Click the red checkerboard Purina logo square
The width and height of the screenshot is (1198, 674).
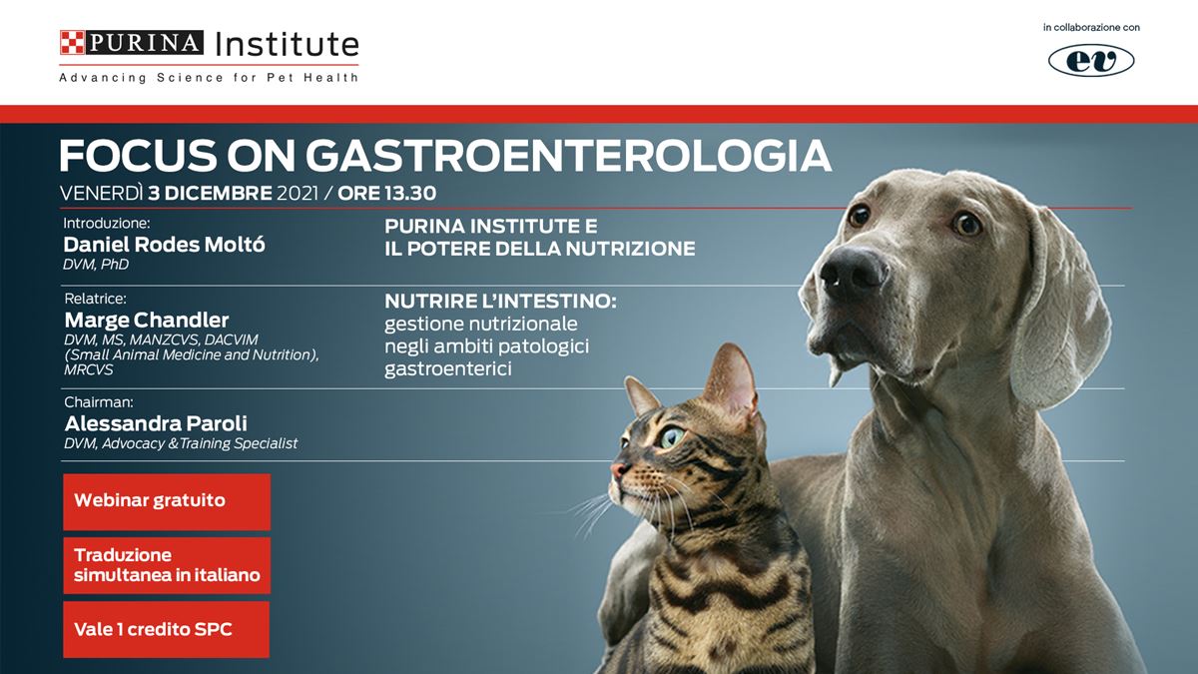(x=72, y=42)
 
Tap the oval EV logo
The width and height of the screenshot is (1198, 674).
(x=1091, y=61)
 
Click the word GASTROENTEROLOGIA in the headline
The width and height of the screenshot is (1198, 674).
(x=568, y=156)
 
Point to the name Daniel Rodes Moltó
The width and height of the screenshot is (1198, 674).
(x=164, y=245)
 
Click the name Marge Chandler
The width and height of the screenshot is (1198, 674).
(x=147, y=320)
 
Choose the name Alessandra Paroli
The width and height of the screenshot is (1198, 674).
(x=156, y=423)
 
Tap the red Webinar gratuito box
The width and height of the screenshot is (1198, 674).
(x=167, y=501)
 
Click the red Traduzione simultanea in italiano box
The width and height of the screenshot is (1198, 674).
(x=167, y=565)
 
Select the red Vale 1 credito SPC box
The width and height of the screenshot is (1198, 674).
(x=167, y=630)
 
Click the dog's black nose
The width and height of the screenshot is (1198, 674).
(x=853, y=275)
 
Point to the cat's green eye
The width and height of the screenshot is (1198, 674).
(x=671, y=437)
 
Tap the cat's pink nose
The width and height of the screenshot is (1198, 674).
(x=618, y=471)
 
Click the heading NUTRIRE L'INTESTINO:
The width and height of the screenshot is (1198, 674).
(x=500, y=302)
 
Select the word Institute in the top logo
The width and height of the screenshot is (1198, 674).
(x=287, y=44)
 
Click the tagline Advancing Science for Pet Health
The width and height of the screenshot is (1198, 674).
(x=209, y=78)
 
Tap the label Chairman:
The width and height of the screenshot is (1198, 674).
(x=99, y=401)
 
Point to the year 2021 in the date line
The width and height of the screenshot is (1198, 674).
(x=298, y=193)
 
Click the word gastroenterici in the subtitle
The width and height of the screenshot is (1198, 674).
(x=448, y=368)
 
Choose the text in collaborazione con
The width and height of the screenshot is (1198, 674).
(x=1091, y=27)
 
